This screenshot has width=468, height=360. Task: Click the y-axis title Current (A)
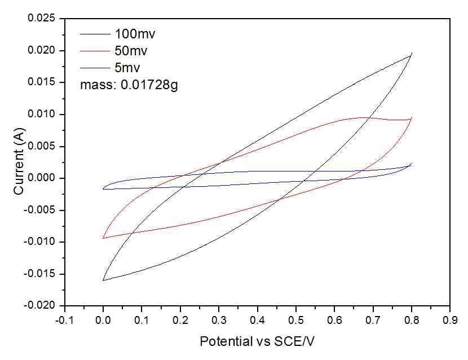(x=19, y=163)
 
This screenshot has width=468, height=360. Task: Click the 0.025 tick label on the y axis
(x=42, y=19)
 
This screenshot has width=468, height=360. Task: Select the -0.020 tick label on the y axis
(x=41, y=306)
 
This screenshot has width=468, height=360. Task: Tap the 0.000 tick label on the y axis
(x=42, y=179)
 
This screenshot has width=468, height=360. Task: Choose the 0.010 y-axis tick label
(x=42, y=115)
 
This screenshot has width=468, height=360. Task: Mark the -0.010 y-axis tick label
(x=41, y=243)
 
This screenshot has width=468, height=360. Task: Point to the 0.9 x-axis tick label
(x=450, y=320)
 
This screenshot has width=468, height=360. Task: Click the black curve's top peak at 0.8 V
(x=412, y=53)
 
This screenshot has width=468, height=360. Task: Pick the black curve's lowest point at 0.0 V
(x=103, y=280)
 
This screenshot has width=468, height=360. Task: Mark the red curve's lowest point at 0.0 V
(x=103, y=238)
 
